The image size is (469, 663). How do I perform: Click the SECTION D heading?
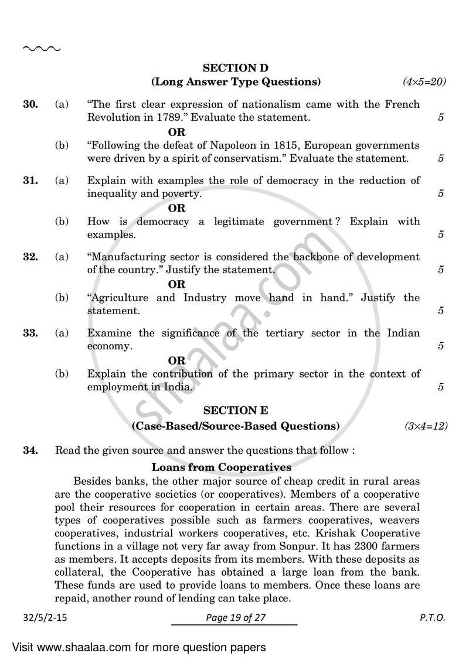click(x=236, y=68)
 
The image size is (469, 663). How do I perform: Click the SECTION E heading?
click(x=236, y=412)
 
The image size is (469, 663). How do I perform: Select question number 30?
click(x=30, y=104)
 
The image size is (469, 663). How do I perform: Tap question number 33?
click(x=30, y=333)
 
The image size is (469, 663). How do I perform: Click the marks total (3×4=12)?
click(x=426, y=426)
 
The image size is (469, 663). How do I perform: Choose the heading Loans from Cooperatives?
click(x=221, y=467)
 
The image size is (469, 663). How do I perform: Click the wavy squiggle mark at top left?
click(x=41, y=48)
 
